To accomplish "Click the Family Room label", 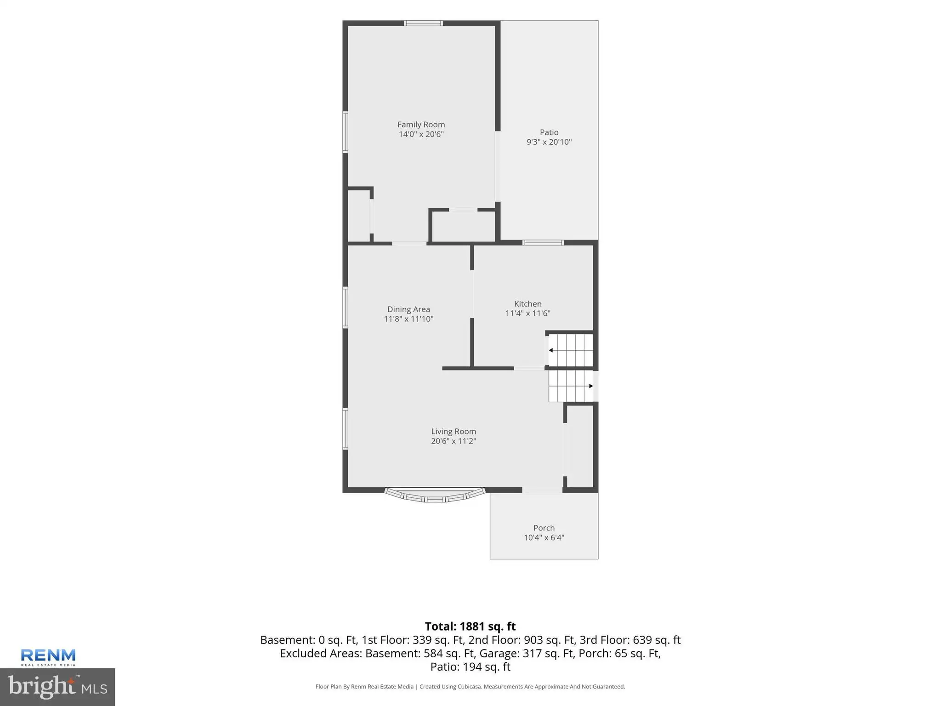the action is [x=421, y=125].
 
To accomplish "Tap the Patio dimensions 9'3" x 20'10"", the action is [x=549, y=142].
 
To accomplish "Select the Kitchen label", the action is [x=527, y=304].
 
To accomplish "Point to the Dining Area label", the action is [x=408, y=309].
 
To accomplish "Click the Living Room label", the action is [x=453, y=432].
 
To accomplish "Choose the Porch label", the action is [x=544, y=528].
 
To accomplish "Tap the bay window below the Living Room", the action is [x=435, y=495].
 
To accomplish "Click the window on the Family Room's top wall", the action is [x=423, y=23].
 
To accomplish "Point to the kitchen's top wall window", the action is [x=543, y=243].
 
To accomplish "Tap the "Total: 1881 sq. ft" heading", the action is [x=470, y=626].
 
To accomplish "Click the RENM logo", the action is [x=48, y=657].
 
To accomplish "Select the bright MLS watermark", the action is [x=57, y=687].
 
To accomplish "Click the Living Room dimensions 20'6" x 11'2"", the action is [x=453, y=441].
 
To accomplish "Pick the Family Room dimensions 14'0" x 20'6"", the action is [x=421, y=134].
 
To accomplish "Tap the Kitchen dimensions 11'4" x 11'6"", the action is [x=527, y=313].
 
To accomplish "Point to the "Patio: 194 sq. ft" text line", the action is [x=470, y=667].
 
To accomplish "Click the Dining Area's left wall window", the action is [x=346, y=307].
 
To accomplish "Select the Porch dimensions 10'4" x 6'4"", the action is [x=544, y=538].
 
